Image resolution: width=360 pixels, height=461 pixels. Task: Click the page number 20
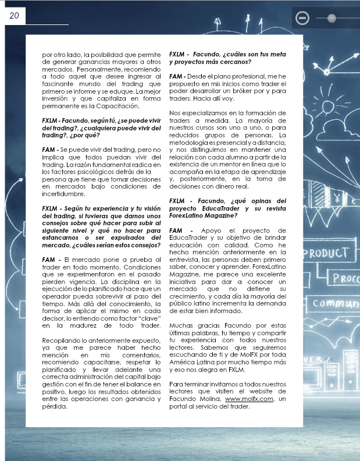(14, 16)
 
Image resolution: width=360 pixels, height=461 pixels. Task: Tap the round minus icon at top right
(302, 18)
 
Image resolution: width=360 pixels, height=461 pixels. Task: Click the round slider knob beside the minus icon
(332, 18)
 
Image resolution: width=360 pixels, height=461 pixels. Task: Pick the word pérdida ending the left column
(55, 407)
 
